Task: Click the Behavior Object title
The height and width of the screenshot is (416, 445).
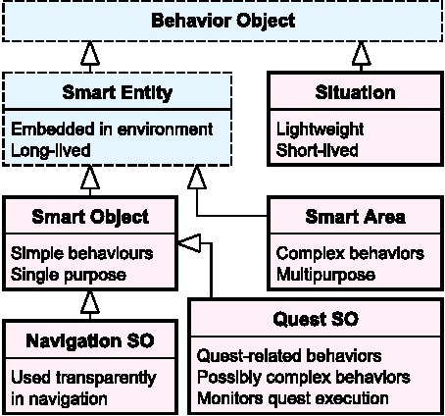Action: click(x=221, y=21)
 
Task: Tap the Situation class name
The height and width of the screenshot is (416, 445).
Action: click(x=356, y=94)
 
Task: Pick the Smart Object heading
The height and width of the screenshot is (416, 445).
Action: click(x=90, y=216)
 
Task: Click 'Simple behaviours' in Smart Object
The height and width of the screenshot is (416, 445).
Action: click(x=81, y=252)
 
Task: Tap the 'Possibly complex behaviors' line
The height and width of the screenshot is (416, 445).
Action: click(x=303, y=377)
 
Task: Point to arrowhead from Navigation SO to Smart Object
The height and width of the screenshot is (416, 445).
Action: click(x=90, y=297)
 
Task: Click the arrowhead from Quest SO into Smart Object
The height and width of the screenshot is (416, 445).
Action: click(x=189, y=239)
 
